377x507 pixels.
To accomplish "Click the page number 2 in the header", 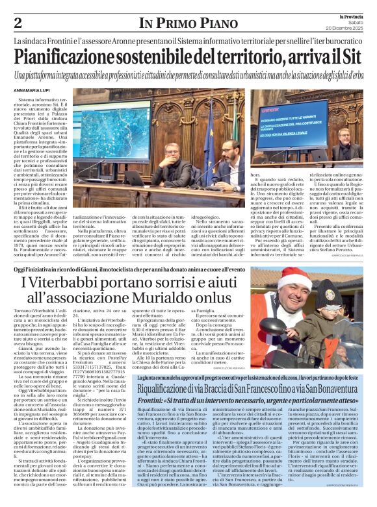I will [x=17, y=23].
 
